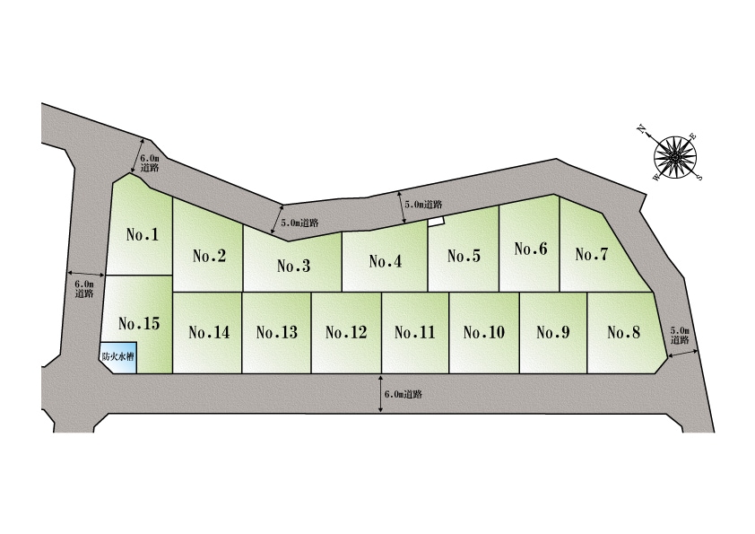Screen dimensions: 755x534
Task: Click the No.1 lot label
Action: click(x=142, y=235)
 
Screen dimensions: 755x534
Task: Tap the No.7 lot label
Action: click(x=592, y=254)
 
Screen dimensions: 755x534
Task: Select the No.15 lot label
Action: click(x=139, y=323)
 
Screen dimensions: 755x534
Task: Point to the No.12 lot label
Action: click(x=346, y=332)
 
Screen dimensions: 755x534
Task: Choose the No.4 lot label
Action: click(x=386, y=261)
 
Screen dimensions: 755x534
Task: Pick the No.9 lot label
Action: click(x=552, y=332)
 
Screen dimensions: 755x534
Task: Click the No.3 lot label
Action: click(x=294, y=266)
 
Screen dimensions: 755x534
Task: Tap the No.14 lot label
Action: click(x=209, y=332)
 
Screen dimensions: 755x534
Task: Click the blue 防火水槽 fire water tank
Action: click(x=118, y=357)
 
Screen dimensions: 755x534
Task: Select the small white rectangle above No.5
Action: click(x=437, y=221)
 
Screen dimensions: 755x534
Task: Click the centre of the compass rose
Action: click(x=675, y=157)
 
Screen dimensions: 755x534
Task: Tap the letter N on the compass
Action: click(x=641, y=128)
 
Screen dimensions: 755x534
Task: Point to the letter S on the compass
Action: click(x=700, y=177)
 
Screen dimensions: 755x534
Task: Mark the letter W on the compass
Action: click(x=655, y=178)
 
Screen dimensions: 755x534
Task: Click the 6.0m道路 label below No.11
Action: click(x=404, y=394)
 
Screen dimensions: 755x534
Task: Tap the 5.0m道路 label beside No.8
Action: click(x=680, y=336)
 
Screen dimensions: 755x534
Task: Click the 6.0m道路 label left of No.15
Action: click(x=83, y=289)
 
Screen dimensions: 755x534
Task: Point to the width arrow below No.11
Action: click(x=381, y=393)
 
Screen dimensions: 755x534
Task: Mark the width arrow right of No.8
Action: click(x=682, y=355)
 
